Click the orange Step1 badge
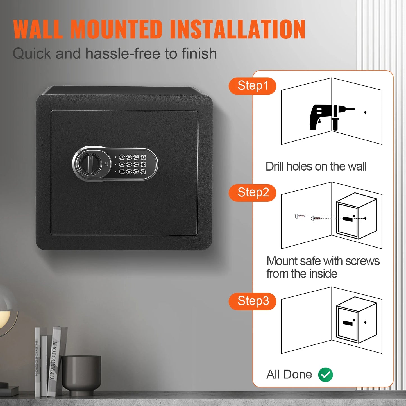[x=252, y=86]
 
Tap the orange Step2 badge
[x=252, y=193]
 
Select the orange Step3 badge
[x=252, y=301]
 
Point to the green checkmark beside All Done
[x=325, y=375]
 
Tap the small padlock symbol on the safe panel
[x=106, y=164]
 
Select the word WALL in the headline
[x=38, y=30]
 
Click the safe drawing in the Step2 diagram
[x=356, y=216]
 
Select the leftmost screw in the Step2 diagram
[x=300, y=216]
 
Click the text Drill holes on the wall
[x=316, y=166]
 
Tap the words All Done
[x=289, y=375]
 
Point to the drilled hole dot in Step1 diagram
[x=365, y=112]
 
